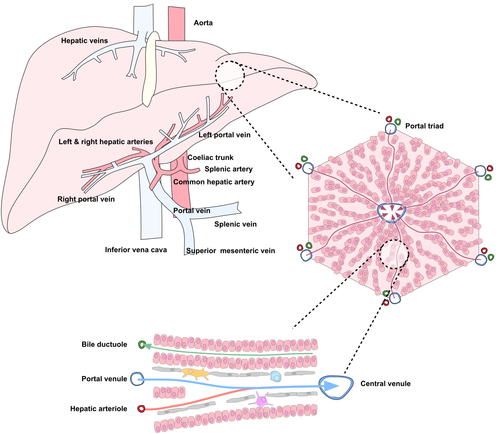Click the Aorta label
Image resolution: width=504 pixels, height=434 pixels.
click(x=203, y=23)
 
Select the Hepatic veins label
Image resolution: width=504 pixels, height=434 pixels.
click(x=85, y=40)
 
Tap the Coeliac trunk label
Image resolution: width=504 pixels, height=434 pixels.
click(x=210, y=157)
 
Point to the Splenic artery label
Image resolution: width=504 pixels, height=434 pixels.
click(x=229, y=169)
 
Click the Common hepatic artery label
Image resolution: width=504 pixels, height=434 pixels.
click(x=214, y=182)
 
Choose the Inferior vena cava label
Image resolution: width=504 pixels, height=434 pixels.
click(x=136, y=250)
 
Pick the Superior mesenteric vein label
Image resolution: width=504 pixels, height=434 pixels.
click(x=231, y=251)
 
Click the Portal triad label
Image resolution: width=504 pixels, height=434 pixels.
click(x=424, y=126)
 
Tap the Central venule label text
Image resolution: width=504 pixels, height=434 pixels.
click(x=385, y=383)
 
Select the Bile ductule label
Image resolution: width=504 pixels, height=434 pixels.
click(x=104, y=345)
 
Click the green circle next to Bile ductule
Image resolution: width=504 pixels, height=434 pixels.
click(x=142, y=345)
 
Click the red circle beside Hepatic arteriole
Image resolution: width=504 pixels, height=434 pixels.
click(x=141, y=409)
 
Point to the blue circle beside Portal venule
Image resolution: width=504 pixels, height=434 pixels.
click(x=137, y=379)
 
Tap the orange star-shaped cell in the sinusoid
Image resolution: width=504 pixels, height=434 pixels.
click(x=195, y=373)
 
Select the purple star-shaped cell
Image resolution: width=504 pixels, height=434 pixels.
click(x=262, y=401)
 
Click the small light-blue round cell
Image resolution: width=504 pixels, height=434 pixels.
click(x=275, y=377)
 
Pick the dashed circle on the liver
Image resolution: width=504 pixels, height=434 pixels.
click(x=230, y=75)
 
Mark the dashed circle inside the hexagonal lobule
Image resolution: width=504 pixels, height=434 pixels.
click(x=394, y=254)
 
